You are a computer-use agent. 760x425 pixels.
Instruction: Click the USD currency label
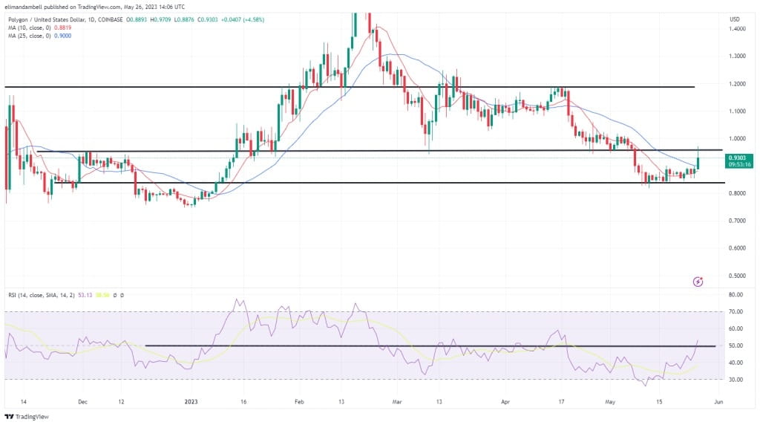pos(735,19)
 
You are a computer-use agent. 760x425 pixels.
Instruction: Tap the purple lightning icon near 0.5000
pos(698,282)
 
